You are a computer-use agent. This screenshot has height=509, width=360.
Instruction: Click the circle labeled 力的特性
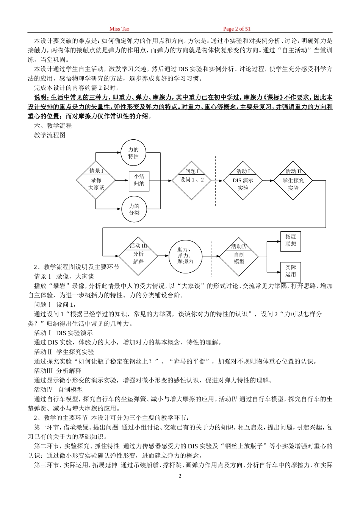coord(133,153)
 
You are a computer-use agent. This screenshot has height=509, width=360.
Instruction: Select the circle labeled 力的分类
coord(134,209)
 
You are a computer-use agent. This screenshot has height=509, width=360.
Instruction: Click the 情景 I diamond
coord(96,181)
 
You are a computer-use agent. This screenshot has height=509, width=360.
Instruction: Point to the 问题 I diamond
coord(191,181)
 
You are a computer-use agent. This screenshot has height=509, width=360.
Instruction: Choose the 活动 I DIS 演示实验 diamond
coord(243,181)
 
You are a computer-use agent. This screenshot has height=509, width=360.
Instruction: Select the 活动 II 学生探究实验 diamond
coord(293,181)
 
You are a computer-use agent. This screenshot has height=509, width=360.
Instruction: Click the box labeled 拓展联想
coord(291,241)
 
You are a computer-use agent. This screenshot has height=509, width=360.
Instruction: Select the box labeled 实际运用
coord(291,272)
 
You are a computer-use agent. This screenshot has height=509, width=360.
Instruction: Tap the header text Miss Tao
coord(119,29)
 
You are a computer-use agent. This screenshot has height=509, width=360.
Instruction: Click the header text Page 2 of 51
coord(237,29)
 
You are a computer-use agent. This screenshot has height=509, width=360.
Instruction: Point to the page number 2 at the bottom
coord(180,476)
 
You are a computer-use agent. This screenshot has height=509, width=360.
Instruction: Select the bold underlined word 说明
coord(41,98)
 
